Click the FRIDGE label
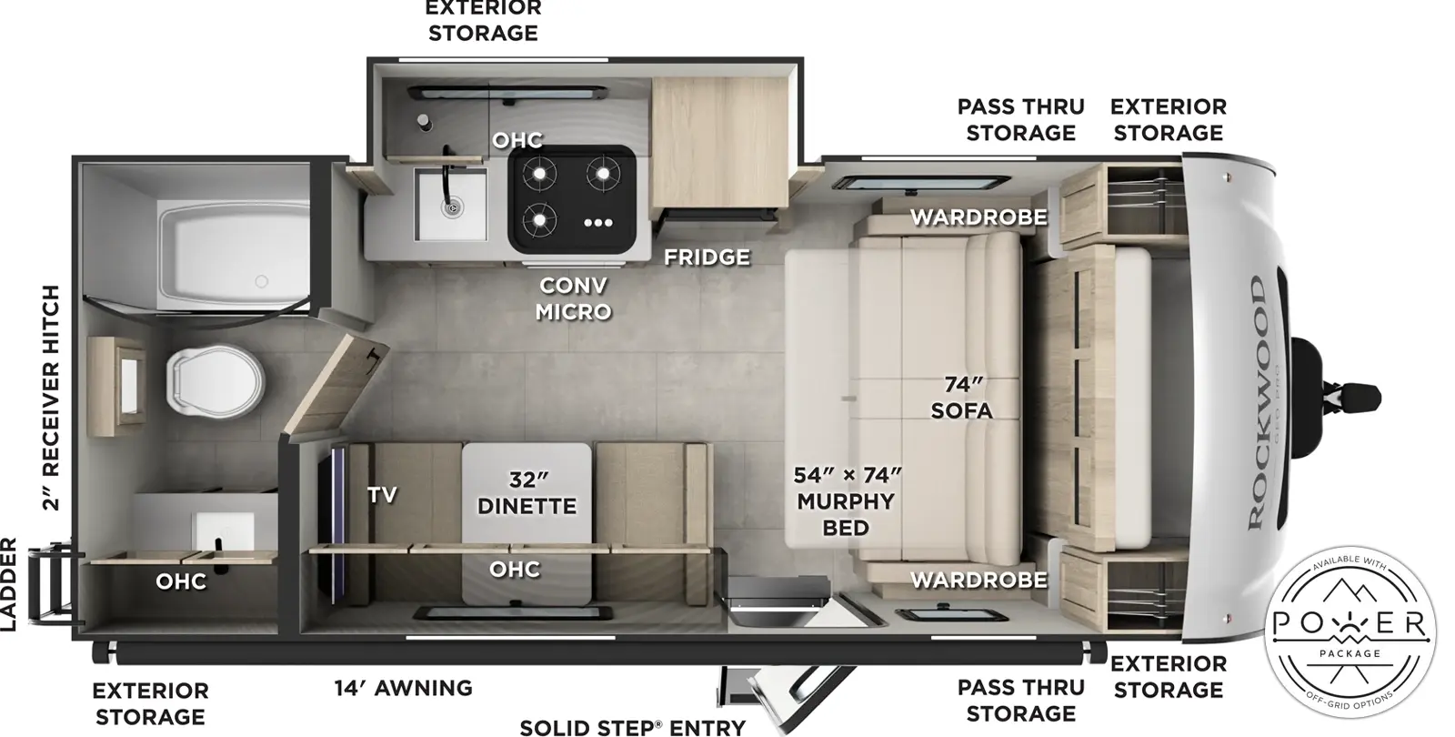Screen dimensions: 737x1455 click(x=707, y=257)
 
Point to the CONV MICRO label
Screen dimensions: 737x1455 click(x=573, y=298)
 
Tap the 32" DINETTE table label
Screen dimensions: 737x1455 click(x=527, y=492)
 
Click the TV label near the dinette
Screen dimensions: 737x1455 click(x=382, y=494)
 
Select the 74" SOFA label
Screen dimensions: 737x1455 click(x=961, y=398)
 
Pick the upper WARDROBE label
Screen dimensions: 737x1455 click(x=978, y=217)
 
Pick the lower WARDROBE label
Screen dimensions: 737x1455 click(x=978, y=580)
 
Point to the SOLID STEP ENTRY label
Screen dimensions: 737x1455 click(x=632, y=727)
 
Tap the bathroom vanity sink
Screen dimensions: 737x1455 click(x=225, y=533)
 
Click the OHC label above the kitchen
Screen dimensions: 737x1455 click(x=517, y=140)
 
